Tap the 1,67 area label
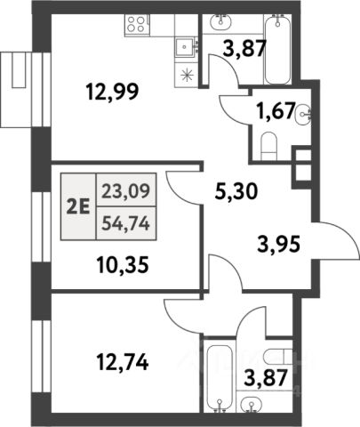click(276, 111)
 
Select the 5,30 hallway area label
click(236, 192)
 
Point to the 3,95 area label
click(278, 244)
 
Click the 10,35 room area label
click(123, 265)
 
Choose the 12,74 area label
click(123, 362)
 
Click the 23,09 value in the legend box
click(125, 190)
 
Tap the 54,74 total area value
click(125, 223)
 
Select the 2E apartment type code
click(78, 206)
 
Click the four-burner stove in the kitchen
click(136, 24)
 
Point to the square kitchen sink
click(185, 46)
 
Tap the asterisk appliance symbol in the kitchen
click(188, 75)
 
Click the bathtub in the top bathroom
click(277, 50)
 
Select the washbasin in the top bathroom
click(221, 22)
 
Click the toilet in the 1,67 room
click(269, 146)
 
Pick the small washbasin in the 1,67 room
click(303, 114)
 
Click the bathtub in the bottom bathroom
click(220, 376)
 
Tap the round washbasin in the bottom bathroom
click(252, 403)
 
